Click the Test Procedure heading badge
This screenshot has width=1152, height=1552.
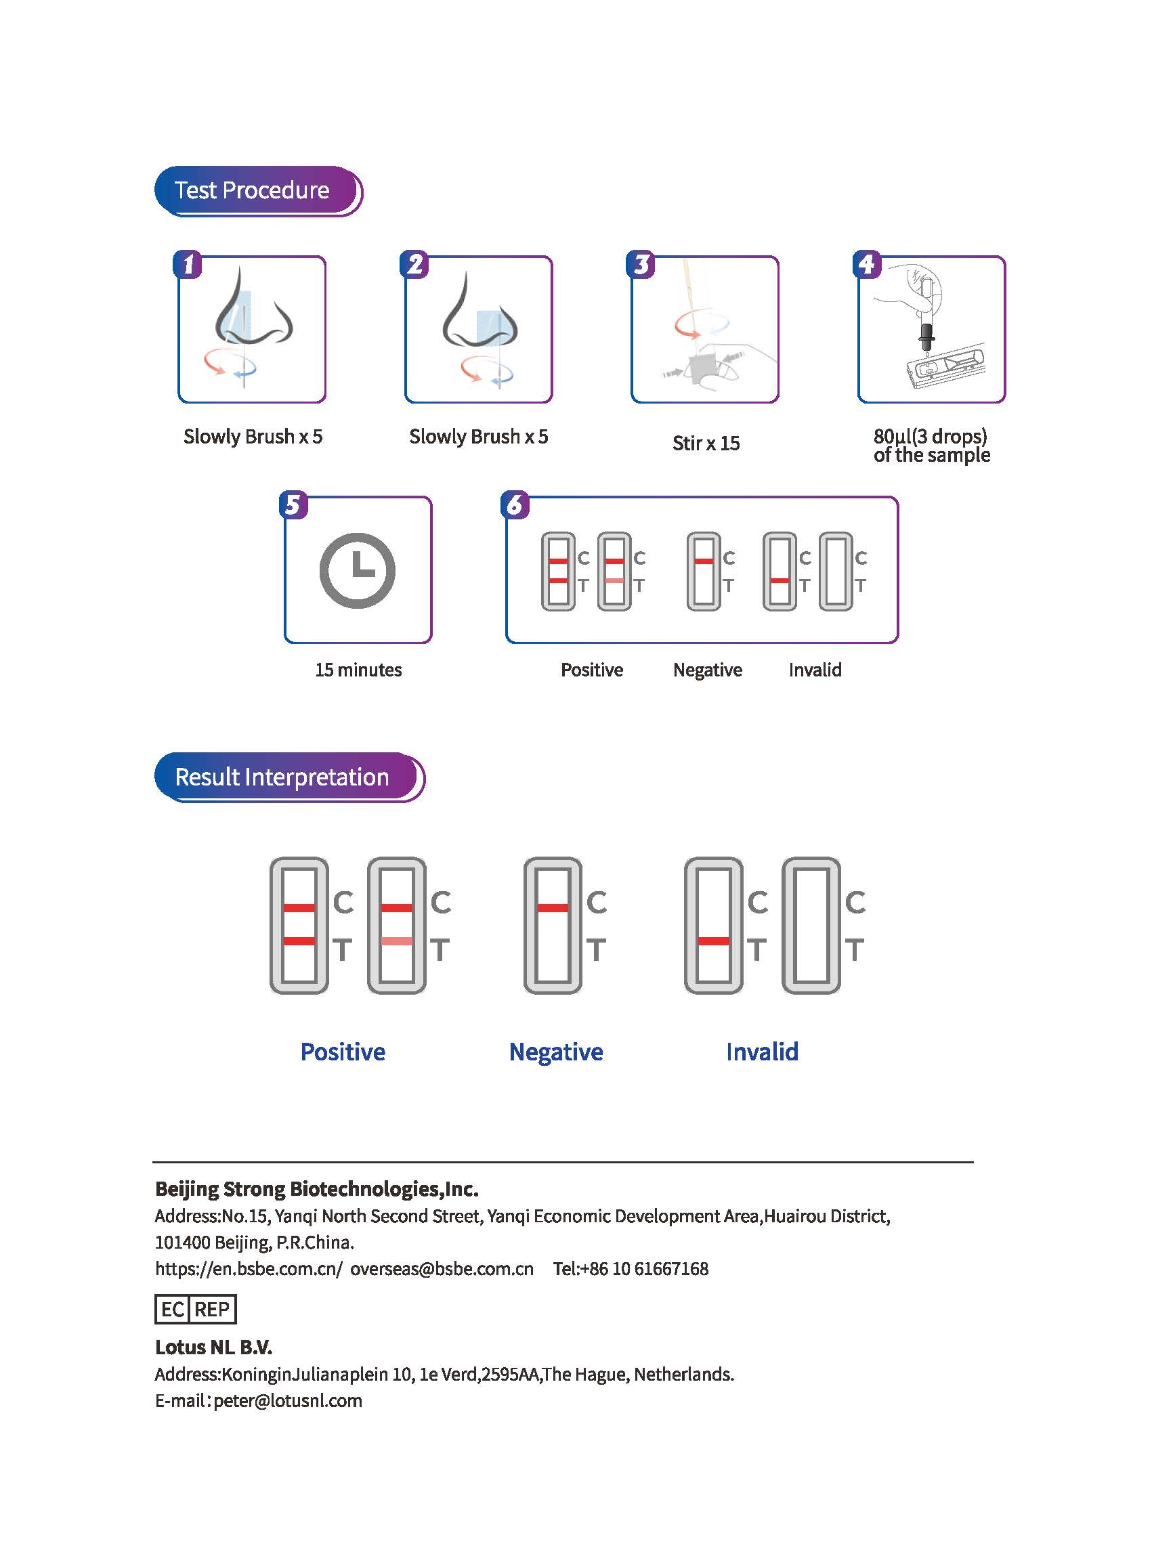[x=257, y=190]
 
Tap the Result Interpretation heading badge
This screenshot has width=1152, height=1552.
[x=288, y=777]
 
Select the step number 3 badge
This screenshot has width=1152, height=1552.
[x=640, y=265]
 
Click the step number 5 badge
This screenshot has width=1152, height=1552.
[x=293, y=504]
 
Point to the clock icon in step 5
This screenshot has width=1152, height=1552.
[x=357, y=570]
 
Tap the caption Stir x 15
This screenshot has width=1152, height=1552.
[x=706, y=444]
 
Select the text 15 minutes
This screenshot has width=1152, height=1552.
[x=358, y=670]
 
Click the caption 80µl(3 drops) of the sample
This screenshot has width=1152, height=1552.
[x=931, y=446]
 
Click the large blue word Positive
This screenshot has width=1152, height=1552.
[x=343, y=1052]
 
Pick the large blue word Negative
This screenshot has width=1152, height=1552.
[x=556, y=1052]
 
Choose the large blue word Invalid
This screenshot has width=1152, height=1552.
[x=761, y=1052]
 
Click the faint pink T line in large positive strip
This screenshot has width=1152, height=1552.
[x=397, y=941]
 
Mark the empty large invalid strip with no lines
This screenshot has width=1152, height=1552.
[x=811, y=925]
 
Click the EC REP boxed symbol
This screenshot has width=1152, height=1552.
[x=195, y=1310]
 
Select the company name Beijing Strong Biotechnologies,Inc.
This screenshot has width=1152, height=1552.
[x=316, y=1189]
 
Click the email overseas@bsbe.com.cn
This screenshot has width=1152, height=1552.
[x=442, y=1269]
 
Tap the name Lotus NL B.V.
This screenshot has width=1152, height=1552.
[x=213, y=1347]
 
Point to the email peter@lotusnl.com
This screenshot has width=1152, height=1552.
[x=287, y=1401]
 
